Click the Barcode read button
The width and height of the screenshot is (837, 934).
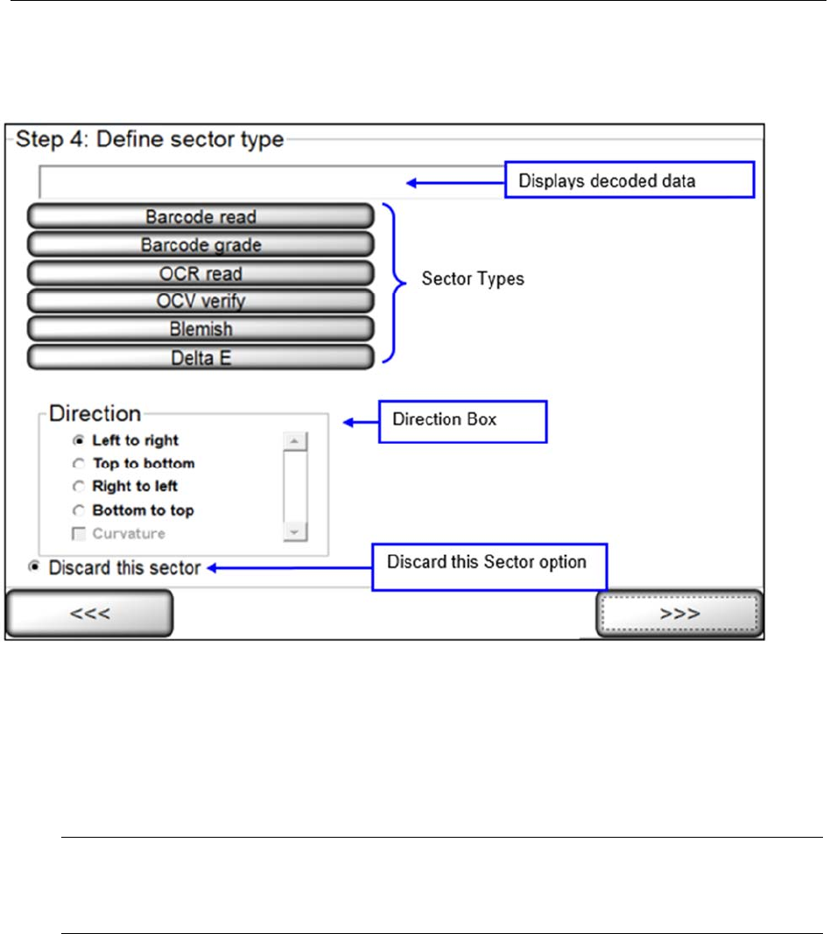(200, 216)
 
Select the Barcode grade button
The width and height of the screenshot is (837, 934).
(200, 245)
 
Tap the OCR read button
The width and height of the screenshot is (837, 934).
(200, 273)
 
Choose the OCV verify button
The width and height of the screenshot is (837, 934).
(200, 301)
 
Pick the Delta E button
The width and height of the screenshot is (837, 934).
(200, 357)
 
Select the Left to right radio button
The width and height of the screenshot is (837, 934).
(79, 441)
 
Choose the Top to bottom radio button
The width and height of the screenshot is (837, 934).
(79, 464)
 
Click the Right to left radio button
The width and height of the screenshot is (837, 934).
(79, 487)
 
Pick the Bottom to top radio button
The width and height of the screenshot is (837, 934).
(79, 510)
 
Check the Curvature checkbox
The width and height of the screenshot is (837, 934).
(79, 533)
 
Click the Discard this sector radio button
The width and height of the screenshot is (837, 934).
(34, 567)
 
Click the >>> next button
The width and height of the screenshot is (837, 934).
(680, 613)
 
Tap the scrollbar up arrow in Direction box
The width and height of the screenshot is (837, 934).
(295, 441)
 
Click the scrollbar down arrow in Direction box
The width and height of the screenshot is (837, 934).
(295, 532)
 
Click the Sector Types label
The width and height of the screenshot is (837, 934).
(473, 279)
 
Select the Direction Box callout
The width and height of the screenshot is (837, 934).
(461, 420)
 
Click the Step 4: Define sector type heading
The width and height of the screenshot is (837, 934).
(146, 140)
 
